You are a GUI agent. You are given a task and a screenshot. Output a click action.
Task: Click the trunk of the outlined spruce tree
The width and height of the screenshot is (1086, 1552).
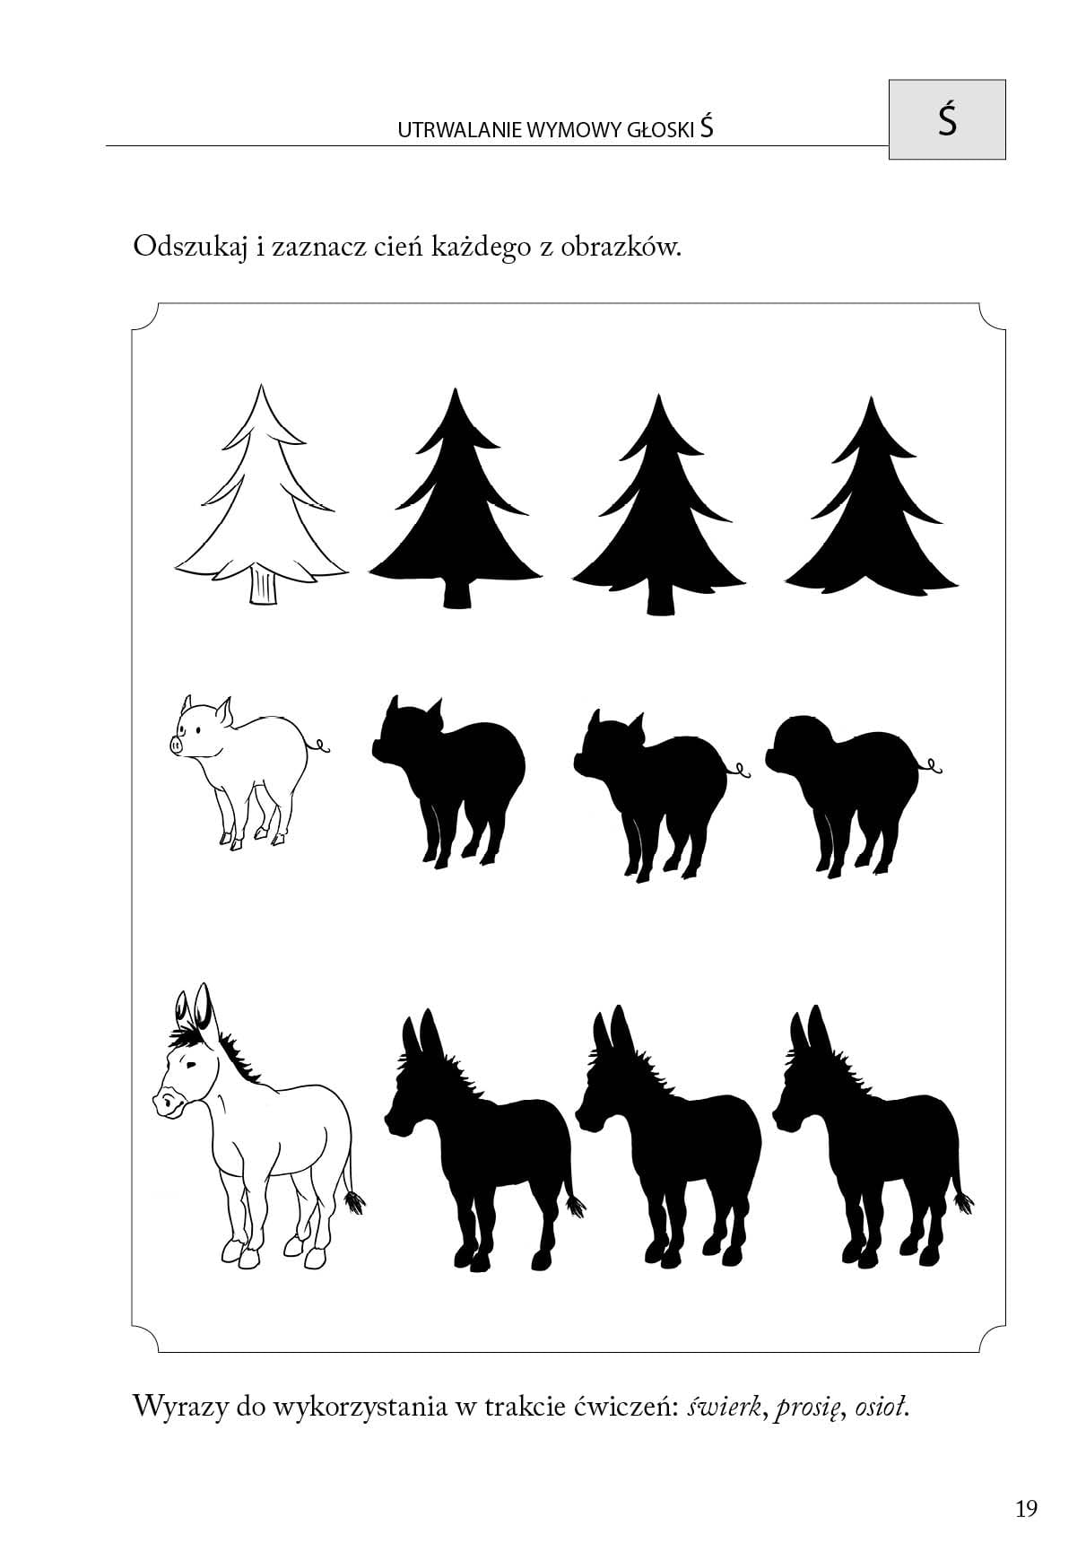pyautogui.click(x=263, y=585)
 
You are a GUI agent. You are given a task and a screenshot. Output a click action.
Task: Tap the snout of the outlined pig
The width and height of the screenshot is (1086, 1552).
pyautogui.click(x=175, y=744)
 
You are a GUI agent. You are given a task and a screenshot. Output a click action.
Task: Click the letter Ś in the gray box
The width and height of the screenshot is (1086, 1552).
pyautogui.click(x=947, y=119)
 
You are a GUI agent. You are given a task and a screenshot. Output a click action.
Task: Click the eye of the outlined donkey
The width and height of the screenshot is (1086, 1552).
pyautogui.click(x=191, y=1064)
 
